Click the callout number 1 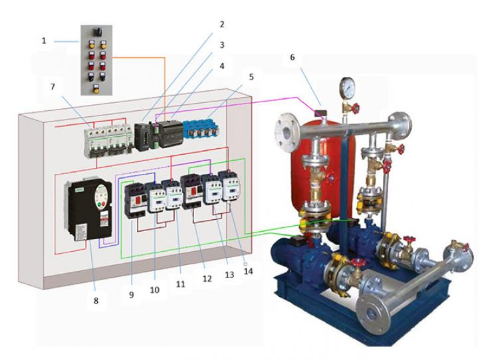44,41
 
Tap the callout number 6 293,57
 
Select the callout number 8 96,301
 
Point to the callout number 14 248,271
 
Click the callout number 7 53,87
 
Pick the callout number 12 207,279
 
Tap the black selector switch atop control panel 97,31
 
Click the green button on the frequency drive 99,205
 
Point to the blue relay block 201,128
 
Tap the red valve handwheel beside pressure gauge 355,108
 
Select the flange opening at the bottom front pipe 372,313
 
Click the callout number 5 251,77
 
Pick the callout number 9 132,295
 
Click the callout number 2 222,24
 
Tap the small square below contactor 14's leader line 245,263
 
